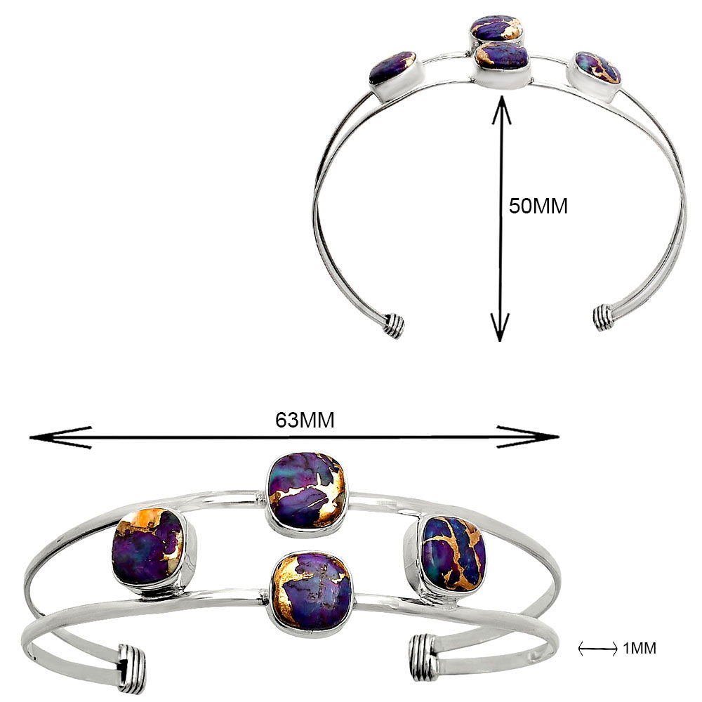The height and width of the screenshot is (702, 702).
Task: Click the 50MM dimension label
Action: pyautogui.click(x=538, y=206)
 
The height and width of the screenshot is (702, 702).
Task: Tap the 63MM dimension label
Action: pyautogui.click(x=305, y=420)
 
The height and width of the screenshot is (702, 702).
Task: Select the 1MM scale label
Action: pyautogui.click(x=640, y=648)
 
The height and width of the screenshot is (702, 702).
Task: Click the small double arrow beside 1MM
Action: pyautogui.click(x=598, y=648)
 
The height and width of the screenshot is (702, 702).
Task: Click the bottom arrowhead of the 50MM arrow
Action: pyautogui.click(x=500, y=327)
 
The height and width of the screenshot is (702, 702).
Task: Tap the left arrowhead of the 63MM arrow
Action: pyautogui.click(x=60, y=437)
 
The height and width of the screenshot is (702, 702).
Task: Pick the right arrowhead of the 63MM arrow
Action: pyautogui.click(x=529, y=437)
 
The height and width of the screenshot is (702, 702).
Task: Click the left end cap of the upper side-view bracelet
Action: pyautogui.click(x=394, y=326)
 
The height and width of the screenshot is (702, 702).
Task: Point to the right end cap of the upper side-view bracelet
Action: pyautogui.click(x=604, y=318)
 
